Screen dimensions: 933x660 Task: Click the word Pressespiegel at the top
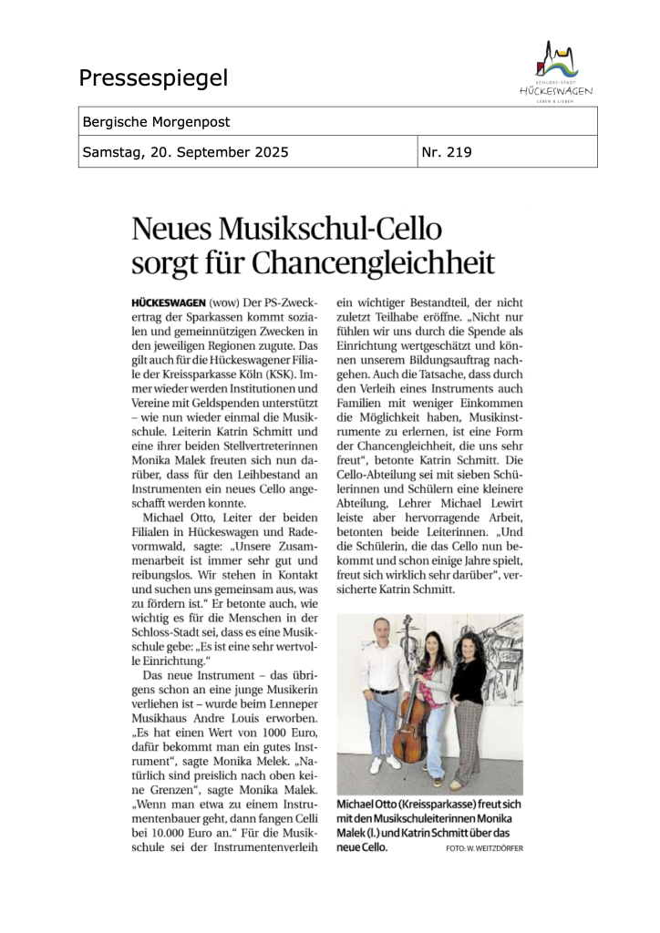point(153,78)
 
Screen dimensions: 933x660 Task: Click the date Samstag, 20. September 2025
point(185,152)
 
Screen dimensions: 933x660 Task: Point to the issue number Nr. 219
point(447,152)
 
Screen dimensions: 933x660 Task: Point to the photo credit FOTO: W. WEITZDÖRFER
point(485,848)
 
